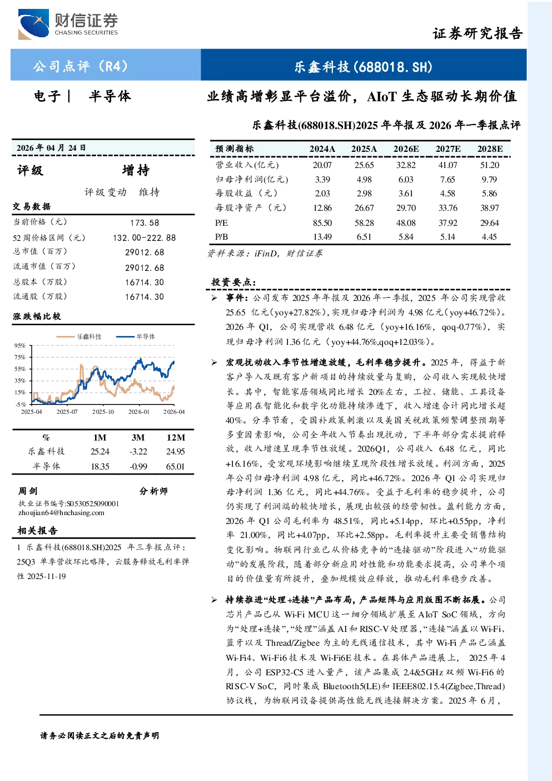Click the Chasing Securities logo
click(68, 24)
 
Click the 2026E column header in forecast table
click(406, 149)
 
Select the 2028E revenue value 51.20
click(490, 165)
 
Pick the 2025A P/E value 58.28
click(364, 223)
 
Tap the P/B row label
click(222, 237)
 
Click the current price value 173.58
click(145, 223)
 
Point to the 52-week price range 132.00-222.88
click(145, 238)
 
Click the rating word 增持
click(136, 170)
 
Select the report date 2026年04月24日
click(51, 147)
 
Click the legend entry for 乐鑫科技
click(79, 337)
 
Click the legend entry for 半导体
click(136, 337)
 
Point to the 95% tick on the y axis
click(20, 345)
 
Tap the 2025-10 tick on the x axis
click(103, 412)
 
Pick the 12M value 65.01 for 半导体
click(175, 466)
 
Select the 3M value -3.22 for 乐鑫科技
click(138, 452)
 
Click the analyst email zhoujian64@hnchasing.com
click(61, 512)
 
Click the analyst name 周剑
click(28, 491)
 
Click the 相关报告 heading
click(37, 531)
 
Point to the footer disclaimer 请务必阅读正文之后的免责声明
click(100, 735)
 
